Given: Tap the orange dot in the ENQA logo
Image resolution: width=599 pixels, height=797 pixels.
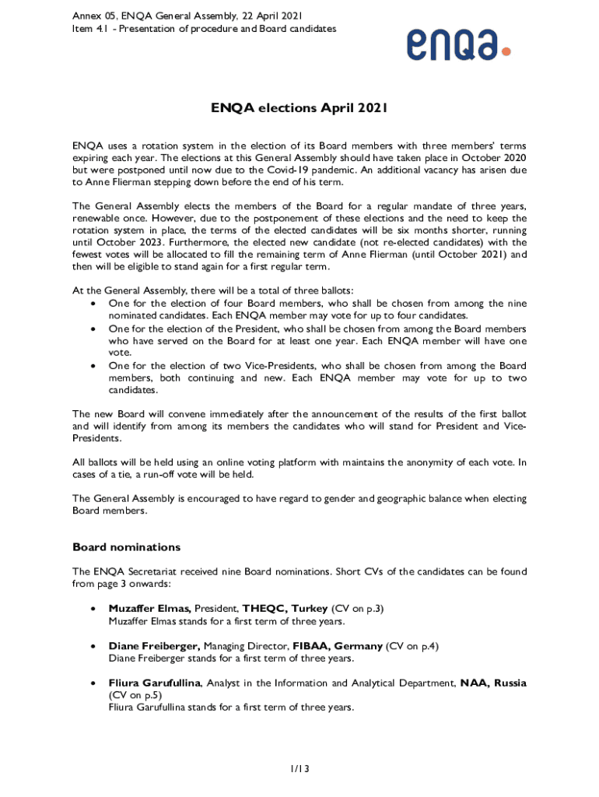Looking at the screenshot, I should [506, 51].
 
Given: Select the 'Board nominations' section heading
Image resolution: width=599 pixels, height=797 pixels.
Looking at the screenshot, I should [126, 546].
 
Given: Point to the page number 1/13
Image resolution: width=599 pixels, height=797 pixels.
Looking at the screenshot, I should [299, 769].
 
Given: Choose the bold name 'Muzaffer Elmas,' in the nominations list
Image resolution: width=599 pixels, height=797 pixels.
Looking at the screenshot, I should [149, 609].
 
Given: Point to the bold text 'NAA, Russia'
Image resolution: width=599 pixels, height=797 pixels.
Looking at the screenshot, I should [493, 683].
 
